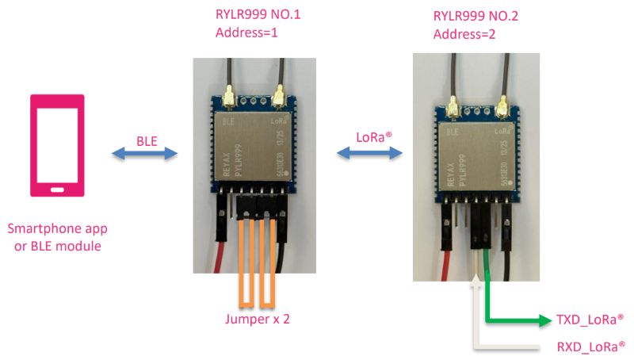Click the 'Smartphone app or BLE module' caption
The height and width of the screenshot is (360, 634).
coord(57,237)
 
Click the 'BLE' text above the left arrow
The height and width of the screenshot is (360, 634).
coord(147,140)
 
